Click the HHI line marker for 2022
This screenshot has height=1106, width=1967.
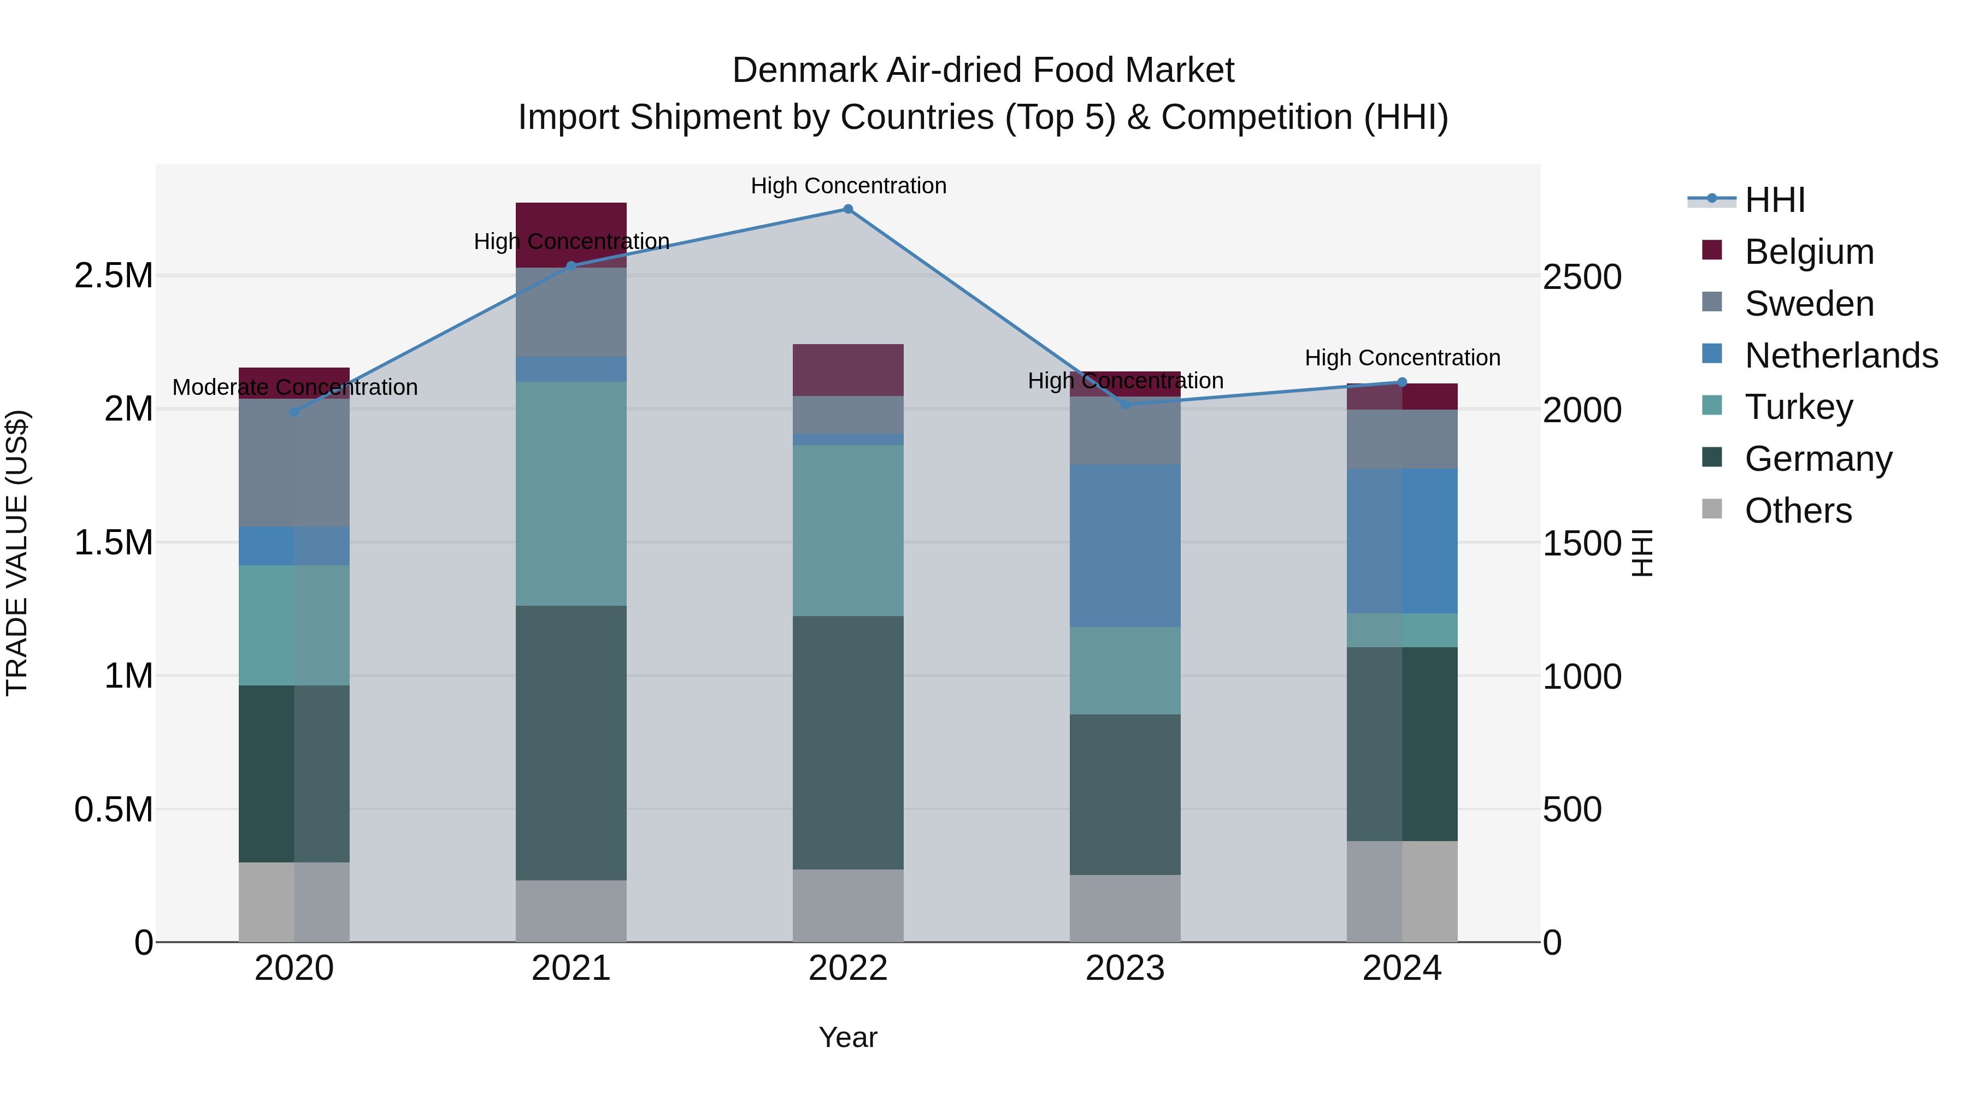(x=847, y=209)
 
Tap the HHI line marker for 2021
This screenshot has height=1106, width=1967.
(x=570, y=265)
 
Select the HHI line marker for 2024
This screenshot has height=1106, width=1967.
(x=1402, y=382)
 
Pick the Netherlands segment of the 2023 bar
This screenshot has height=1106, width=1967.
(x=1125, y=545)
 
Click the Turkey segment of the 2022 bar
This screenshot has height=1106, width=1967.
(x=847, y=530)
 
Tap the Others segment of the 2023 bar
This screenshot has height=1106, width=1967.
(x=1125, y=908)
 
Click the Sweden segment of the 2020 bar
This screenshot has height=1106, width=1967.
(x=294, y=463)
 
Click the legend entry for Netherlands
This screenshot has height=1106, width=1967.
(x=1841, y=356)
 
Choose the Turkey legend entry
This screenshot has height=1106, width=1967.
(x=1798, y=407)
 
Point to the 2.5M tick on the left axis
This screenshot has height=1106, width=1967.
(x=114, y=276)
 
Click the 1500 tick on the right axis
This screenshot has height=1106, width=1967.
(x=1581, y=543)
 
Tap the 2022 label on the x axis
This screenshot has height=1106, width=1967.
(x=847, y=968)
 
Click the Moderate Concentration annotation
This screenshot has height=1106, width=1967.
(x=295, y=387)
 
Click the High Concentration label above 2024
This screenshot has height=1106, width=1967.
(x=1402, y=357)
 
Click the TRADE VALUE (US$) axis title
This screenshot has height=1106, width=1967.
(x=17, y=553)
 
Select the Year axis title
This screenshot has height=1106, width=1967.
(x=847, y=1037)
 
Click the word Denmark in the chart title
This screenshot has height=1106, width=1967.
(x=805, y=70)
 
